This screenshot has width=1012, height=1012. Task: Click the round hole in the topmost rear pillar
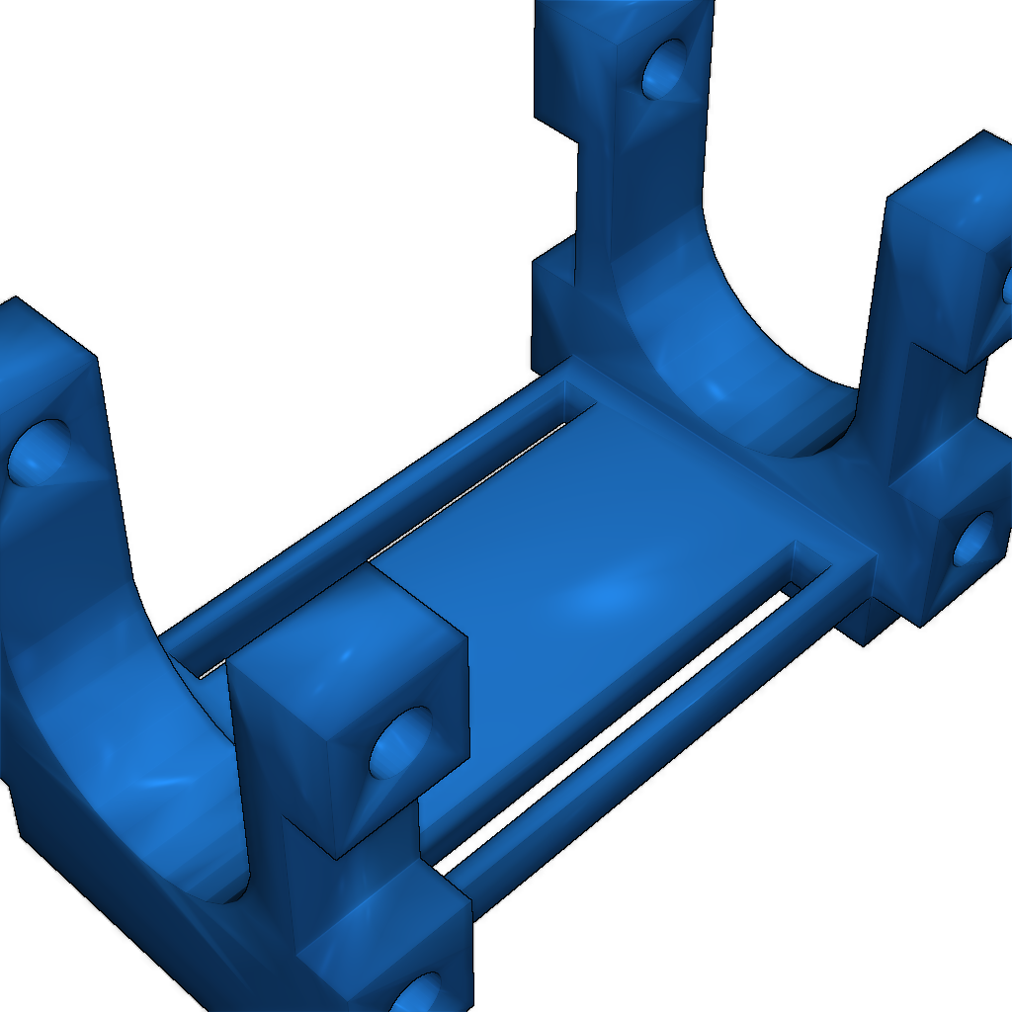(663, 69)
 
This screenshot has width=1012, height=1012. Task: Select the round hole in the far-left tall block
(38, 453)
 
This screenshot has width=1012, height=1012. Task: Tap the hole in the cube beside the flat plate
(400, 744)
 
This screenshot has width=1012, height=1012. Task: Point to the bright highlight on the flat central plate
(603, 593)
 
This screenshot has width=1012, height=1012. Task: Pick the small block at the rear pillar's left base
(551, 306)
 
